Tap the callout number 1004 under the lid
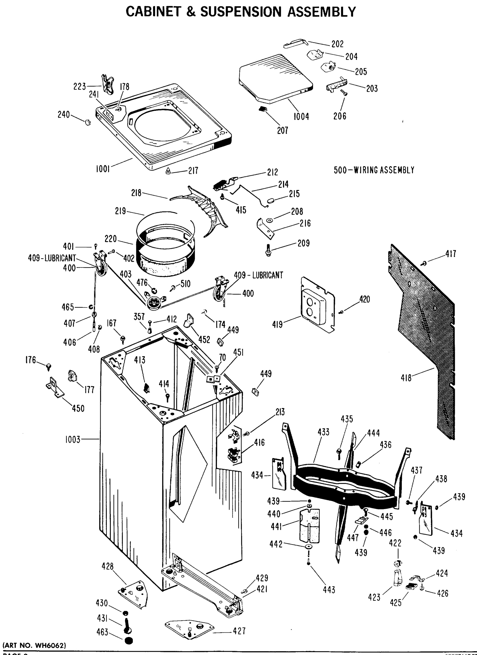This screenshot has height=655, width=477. tap(301, 117)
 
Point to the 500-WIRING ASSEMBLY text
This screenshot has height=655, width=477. tap(374, 170)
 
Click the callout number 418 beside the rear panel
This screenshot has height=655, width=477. tap(406, 378)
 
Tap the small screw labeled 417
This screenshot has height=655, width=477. tap(424, 263)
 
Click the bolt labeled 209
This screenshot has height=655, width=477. tap(268, 250)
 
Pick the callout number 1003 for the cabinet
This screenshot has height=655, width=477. tap(73, 440)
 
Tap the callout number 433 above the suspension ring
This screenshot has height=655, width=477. tap(323, 432)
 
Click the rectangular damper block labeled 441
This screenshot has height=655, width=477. tap(310, 526)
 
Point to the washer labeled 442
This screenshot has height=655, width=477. tap(308, 547)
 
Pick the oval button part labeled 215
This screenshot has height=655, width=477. tap(270, 200)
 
